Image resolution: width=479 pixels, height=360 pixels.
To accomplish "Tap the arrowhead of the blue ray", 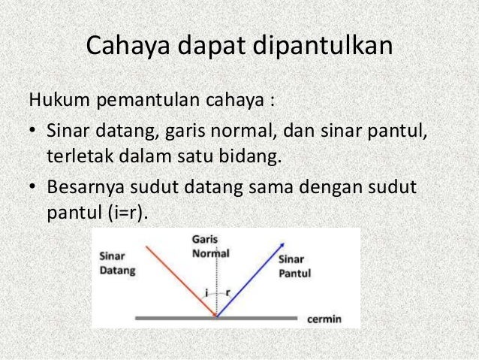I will [x=283, y=244].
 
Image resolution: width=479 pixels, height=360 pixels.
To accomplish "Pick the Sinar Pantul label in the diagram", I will [x=295, y=265].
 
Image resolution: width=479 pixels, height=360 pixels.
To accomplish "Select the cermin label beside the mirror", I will [x=324, y=319].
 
